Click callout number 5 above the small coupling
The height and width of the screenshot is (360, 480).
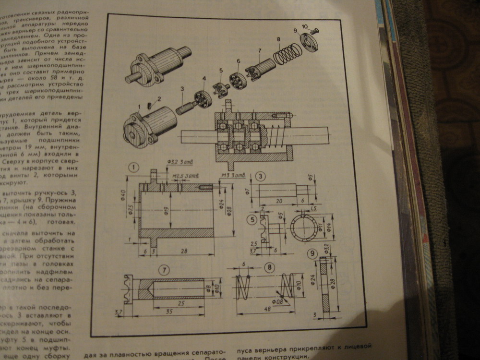(x=221, y=71)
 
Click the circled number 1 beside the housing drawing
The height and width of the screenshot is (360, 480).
(x=133, y=168)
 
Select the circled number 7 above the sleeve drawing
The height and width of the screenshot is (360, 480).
(x=164, y=270)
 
